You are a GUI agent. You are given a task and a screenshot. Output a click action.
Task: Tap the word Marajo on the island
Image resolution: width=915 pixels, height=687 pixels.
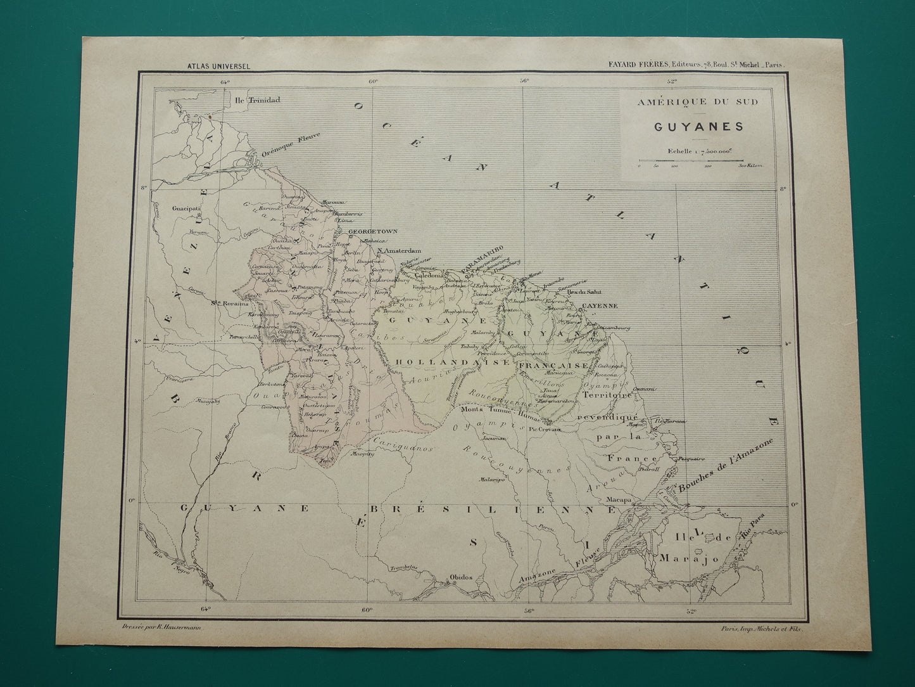680,558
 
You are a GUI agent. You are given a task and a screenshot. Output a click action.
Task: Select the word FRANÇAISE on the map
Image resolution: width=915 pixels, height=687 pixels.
553,366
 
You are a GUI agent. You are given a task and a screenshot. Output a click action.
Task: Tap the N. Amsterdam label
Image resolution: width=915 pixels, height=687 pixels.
398,251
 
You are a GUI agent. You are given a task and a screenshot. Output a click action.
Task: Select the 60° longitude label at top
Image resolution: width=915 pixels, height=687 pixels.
372,80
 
